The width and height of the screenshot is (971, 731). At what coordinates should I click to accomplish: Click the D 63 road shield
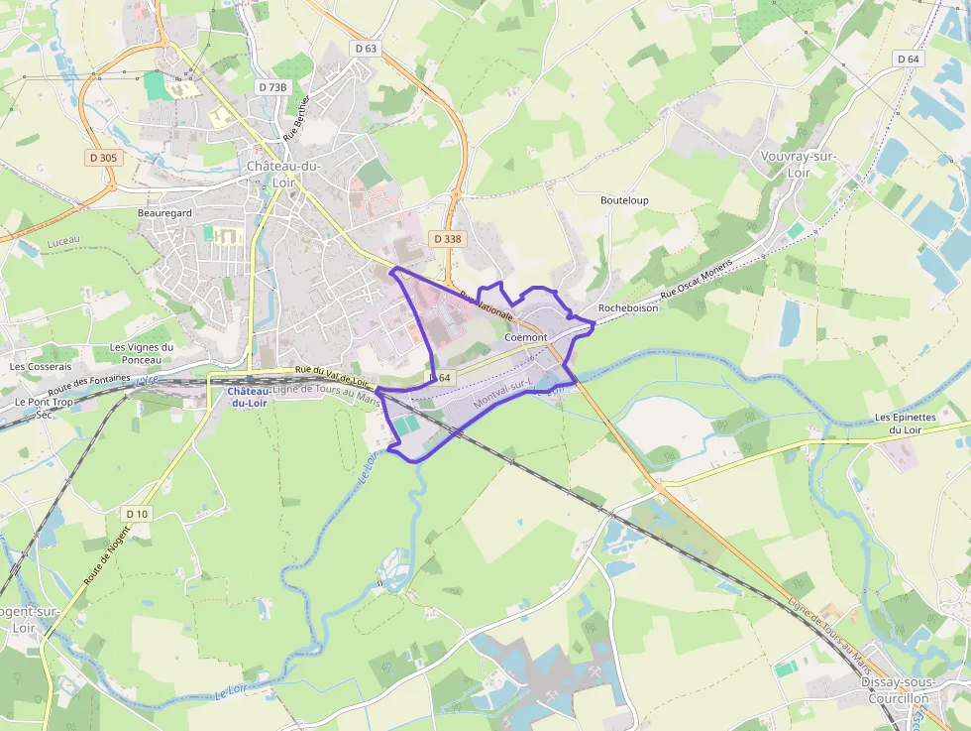pyautogui.click(x=366, y=48)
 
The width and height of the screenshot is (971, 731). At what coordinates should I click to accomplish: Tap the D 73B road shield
pyautogui.click(x=272, y=87)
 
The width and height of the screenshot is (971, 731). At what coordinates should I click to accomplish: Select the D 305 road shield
pyautogui.click(x=102, y=157)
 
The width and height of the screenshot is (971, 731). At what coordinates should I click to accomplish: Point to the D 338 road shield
pyautogui.click(x=447, y=239)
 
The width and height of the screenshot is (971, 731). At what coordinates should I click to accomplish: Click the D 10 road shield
pyautogui.click(x=137, y=514)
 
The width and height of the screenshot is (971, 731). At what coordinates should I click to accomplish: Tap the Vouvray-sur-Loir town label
pyautogui.click(x=798, y=165)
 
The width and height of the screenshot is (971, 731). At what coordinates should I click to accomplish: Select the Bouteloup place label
pyautogui.click(x=624, y=200)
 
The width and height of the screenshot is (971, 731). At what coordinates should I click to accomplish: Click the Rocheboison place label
pyautogui.click(x=628, y=308)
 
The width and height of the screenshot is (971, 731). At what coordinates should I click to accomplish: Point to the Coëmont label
pyautogui.click(x=525, y=338)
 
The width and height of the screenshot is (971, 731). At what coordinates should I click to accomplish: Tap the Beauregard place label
pyautogui.click(x=164, y=212)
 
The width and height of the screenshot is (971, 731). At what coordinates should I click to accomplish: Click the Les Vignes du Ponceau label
pyautogui.click(x=141, y=353)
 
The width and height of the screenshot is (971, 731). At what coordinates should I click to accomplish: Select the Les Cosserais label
pyautogui.click(x=41, y=366)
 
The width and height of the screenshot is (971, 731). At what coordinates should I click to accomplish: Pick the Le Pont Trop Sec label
pyautogui.click(x=44, y=408)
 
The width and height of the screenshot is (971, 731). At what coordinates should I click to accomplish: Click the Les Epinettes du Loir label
pyautogui.click(x=905, y=424)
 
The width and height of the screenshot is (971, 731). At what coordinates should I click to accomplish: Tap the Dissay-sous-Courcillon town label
pyautogui.click(x=895, y=690)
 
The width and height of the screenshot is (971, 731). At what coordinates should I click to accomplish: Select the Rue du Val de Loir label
pyautogui.click(x=332, y=376)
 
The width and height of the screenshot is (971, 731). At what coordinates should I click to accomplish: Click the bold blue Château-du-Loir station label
pyautogui.click(x=249, y=397)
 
